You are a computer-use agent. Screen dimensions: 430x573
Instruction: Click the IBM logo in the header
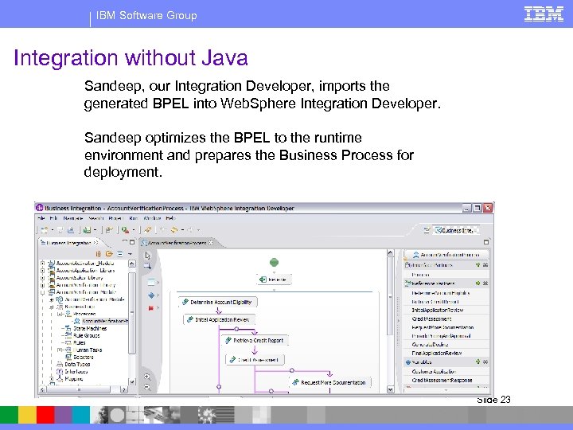point(544,14)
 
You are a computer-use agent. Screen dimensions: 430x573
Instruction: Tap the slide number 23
point(505,400)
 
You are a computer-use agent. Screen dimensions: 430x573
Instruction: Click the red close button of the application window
point(488,208)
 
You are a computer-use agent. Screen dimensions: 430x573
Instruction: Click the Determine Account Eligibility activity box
point(216,302)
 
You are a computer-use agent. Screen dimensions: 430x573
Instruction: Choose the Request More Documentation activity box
point(329,382)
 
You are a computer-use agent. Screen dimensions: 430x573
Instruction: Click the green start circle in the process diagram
point(274,261)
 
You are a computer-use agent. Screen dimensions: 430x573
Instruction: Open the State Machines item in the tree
point(90,328)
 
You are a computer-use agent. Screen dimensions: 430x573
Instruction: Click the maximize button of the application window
point(478,208)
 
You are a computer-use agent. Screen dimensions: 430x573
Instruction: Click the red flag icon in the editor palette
point(150,307)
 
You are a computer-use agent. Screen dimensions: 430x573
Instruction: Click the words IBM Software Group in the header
point(146,15)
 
